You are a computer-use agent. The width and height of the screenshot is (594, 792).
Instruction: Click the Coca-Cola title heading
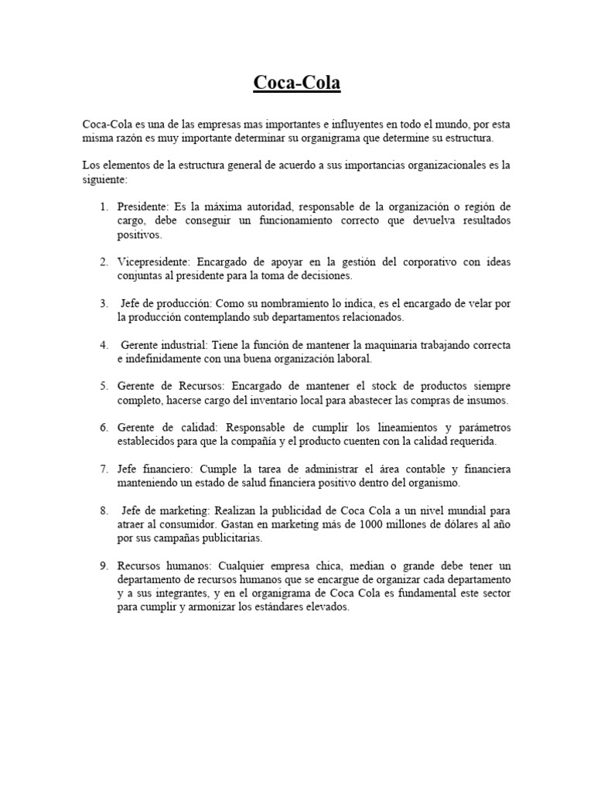(297, 83)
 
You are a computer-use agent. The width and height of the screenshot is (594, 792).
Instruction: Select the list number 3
(103, 303)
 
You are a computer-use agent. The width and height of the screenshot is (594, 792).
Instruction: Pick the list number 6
(103, 428)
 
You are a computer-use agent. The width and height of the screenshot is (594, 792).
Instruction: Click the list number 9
(103, 565)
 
